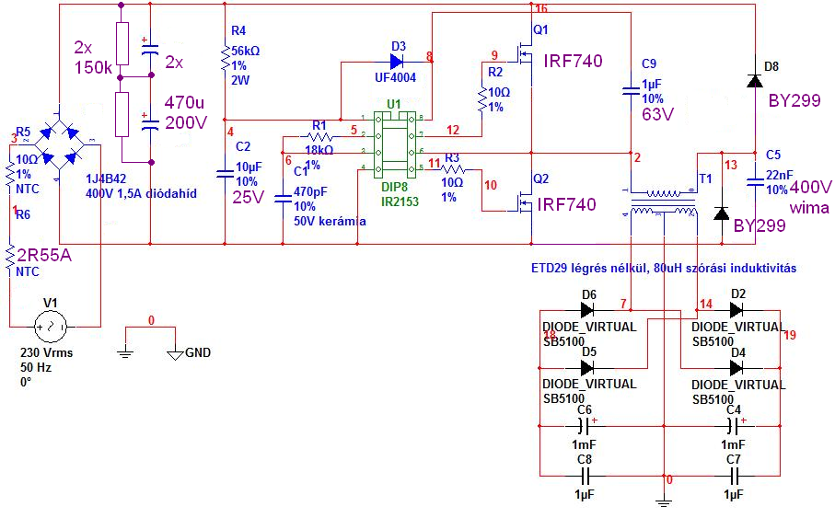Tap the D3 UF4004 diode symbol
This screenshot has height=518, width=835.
point(397,62)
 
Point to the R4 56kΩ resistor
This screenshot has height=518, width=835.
point(225,61)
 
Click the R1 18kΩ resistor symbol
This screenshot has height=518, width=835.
point(319,136)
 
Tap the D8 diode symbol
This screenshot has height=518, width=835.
point(754,82)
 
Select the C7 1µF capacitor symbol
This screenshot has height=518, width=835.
point(734,476)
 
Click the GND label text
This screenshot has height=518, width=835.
point(198,351)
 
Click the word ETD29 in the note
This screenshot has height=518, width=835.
point(550,268)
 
